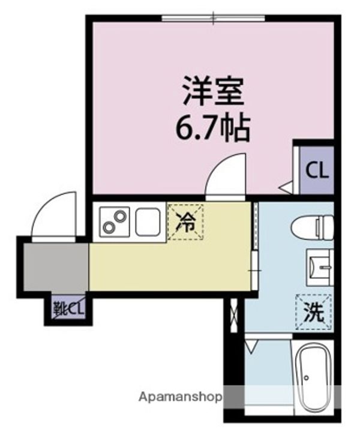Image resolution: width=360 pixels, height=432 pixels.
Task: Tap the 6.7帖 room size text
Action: (212, 128)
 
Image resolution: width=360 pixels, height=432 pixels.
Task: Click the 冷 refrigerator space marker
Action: (185, 222)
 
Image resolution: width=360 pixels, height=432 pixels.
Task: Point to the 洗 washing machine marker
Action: (314, 313)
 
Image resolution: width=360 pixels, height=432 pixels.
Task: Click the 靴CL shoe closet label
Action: (68, 310)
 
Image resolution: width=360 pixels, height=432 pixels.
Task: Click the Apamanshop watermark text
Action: (181, 397)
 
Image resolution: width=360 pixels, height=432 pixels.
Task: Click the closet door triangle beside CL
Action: (286, 188)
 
